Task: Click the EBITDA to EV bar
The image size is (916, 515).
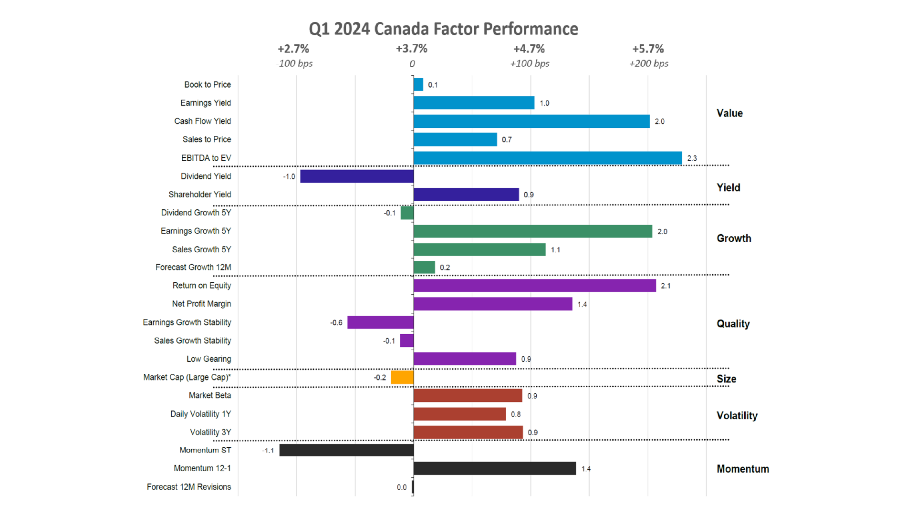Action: pyautogui.click(x=547, y=158)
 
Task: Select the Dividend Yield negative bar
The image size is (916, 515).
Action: pyautogui.click(x=357, y=176)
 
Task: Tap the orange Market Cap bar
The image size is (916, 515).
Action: pyautogui.click(x=402, y=377)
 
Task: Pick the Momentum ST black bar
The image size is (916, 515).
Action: pyautogui.click(x=346, y=450)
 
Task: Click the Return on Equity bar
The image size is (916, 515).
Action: pyautogui.click(x=534, y=286)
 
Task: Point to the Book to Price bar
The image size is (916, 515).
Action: pyautogui.click(x=418, y=85)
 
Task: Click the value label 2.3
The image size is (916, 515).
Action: pyautogui.click(x=692, y=158)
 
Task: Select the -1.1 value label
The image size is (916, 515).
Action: pyautogui.click(x=268, y=451)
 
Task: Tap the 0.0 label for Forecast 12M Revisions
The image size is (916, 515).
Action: pyautogui.click(x=402, y=487)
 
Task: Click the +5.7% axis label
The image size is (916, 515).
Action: pyautogui.click(x=648, y=49)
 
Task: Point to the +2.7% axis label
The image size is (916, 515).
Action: pyautogui.click(x=293, y=49)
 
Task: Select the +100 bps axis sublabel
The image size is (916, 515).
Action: pyautogui.click(x=530, y=63)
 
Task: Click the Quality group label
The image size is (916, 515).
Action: pyautogui.click(x=733, y=324)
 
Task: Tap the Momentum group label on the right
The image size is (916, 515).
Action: pyautogui.click(x=742, y=469)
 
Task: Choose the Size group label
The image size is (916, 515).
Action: pyautogui.click(x=726, y=379)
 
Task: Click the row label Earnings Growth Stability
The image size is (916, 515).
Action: pyautogui.click(x=187, y=322)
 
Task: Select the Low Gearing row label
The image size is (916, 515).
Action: pyautogui.click(x=208, y=359)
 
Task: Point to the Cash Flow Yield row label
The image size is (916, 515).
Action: pyautogui.click(x=202, y=121)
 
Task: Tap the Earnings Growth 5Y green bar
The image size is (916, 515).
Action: pyautogui.click(x=532, y=231)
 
